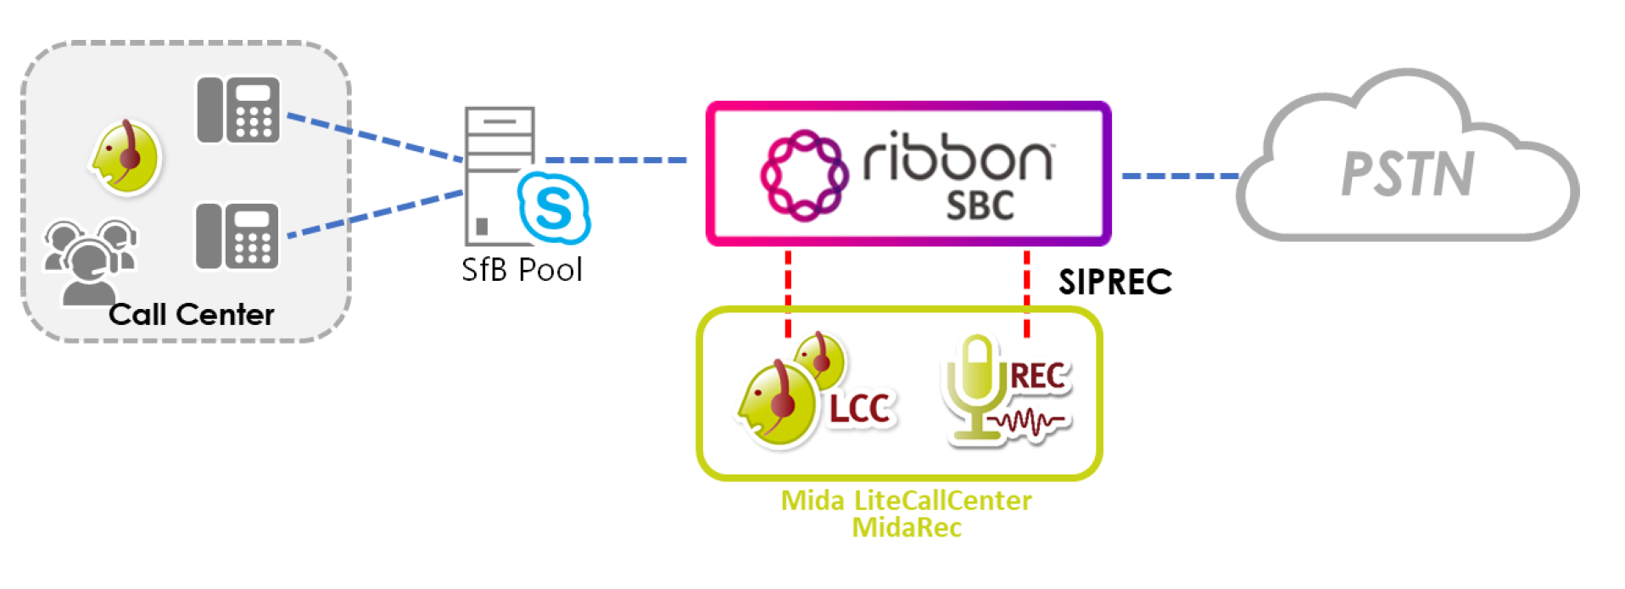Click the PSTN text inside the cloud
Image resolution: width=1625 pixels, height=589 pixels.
point(1408,174)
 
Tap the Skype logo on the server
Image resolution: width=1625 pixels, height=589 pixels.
point(554,208)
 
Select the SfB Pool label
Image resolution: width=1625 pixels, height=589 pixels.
point(522,270)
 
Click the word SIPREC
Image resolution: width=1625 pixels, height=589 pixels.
point(1114,282)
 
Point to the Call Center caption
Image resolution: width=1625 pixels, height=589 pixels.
point(192,315)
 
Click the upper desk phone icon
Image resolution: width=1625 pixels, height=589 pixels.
point(237,110)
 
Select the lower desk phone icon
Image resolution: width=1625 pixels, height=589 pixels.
point(237,236)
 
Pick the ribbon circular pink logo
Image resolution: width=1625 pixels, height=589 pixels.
point(803,175)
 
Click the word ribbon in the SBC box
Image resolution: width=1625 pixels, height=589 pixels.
point(958,157)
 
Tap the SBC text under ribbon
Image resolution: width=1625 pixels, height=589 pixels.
point(980,206)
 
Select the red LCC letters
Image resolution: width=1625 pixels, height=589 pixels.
point(860,409)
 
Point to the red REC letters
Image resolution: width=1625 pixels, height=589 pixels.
point(1038,376)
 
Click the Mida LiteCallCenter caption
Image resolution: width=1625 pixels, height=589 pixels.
point(906,501)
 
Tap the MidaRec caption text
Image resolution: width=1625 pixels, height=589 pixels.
point(906,528)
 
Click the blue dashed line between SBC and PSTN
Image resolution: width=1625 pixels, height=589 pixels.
point(1180,177)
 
